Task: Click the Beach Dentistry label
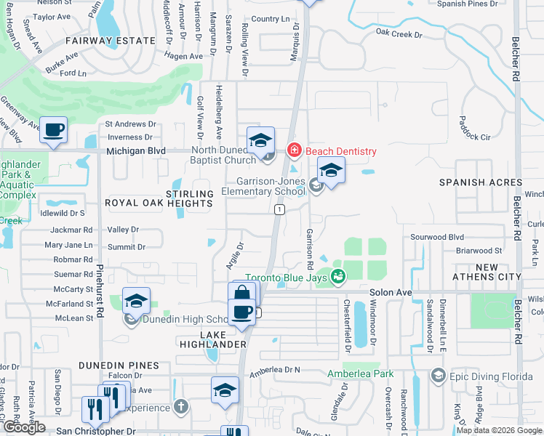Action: tap(340, 151)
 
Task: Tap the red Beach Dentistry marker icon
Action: tap(294, 151)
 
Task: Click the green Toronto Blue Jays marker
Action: tap(337, 276)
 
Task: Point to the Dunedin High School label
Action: tap(186, 319)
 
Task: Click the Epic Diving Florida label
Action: tap(484, 375)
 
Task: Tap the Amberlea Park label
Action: tap(360, 374)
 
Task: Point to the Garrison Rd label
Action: tap(310, 246)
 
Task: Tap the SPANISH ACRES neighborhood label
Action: tap(481, 182)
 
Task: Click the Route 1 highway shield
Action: tap(279, 209)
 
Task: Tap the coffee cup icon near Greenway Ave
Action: tap(53, 130)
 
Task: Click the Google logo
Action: tap(24, 427)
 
